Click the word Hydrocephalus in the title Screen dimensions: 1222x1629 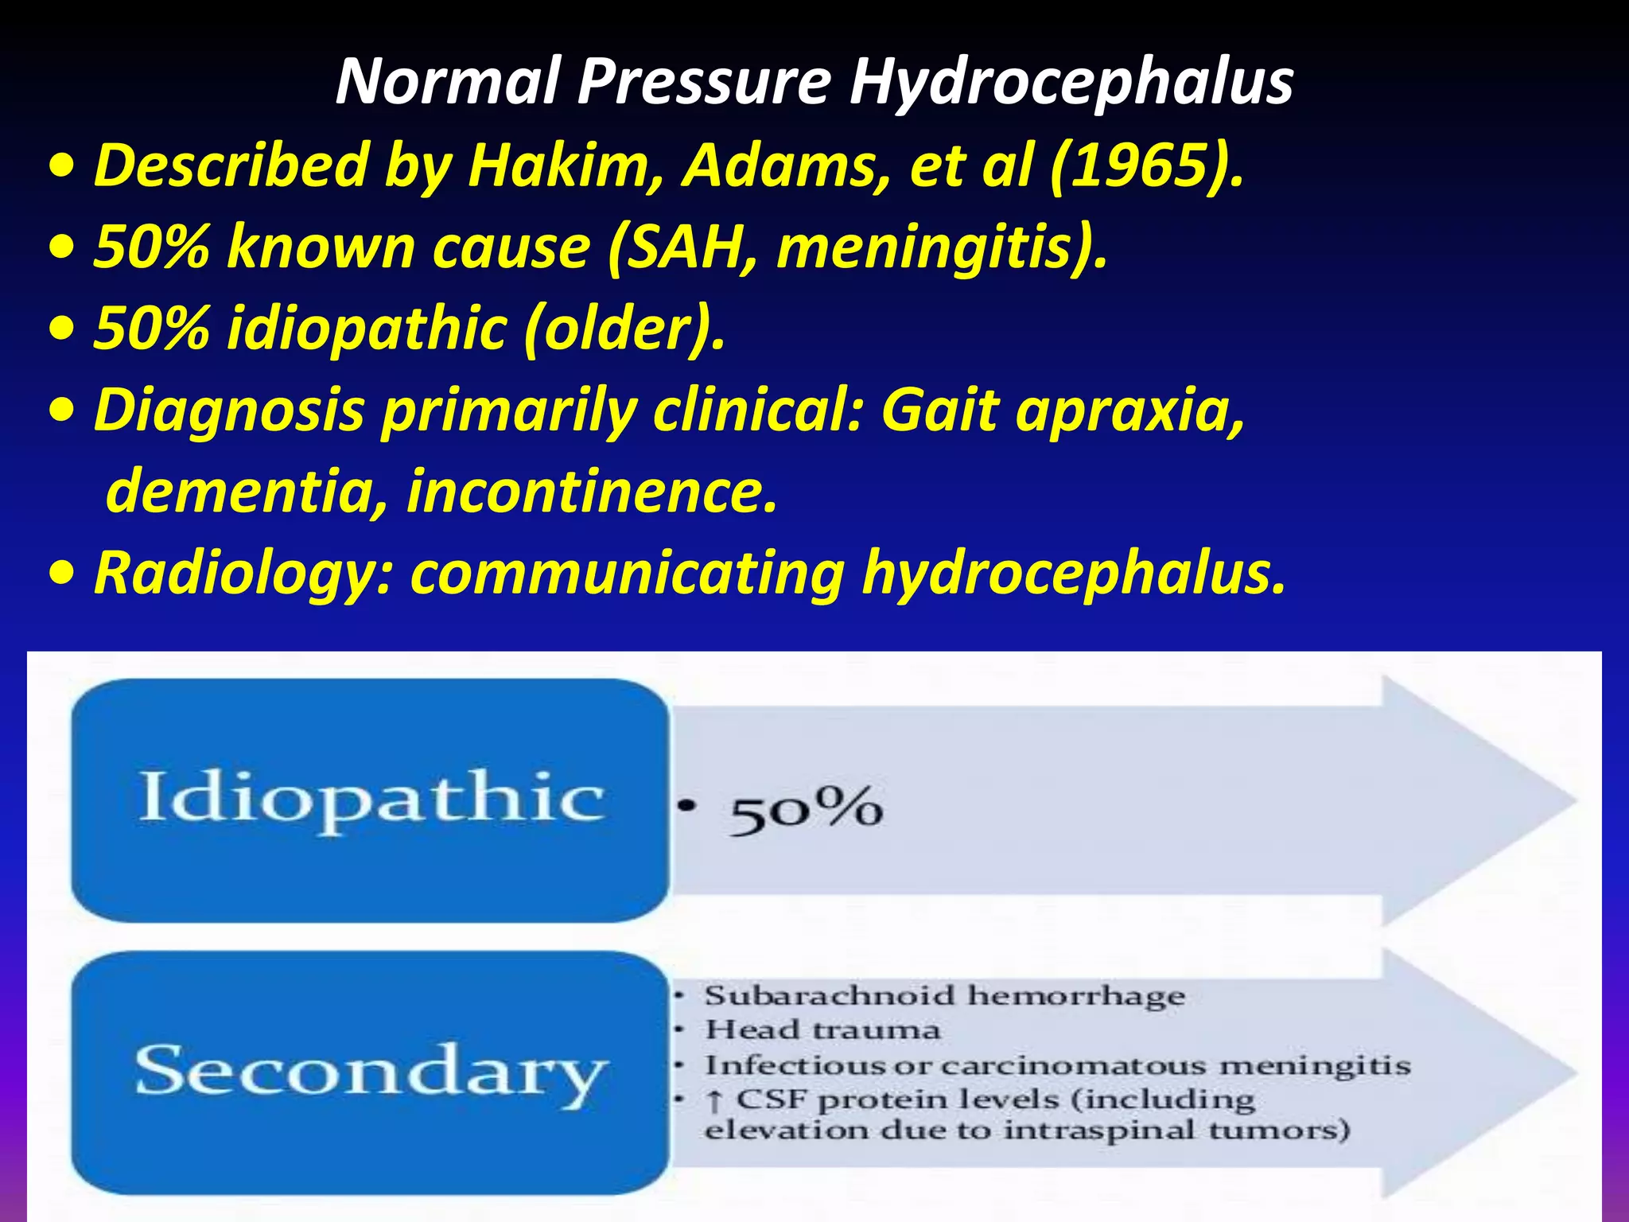point(1071,82)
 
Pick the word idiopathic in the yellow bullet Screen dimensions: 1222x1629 point(367,329)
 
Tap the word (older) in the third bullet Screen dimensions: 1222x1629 point(624,329)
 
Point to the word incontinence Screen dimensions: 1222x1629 point(592,492)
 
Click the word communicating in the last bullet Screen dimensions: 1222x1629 point(627,574)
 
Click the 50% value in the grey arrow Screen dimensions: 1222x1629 point(805,810)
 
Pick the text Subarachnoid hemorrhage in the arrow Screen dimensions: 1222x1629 point(945,996)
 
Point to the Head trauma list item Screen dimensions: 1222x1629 point(822,1030)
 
